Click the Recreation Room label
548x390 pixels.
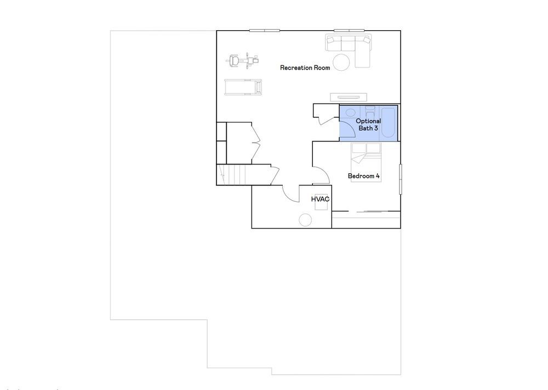(x=305, y=67)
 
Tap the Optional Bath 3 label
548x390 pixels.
(x=368, y=125)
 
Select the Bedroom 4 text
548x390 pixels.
(x=363, y=176)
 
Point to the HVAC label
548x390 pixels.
(x=320, y=199)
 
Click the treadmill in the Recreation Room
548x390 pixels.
(x=243, y=87)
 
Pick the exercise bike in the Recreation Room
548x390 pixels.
(x=244, y=60)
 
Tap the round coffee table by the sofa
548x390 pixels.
(x=341, y=63)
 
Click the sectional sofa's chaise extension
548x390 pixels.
(x=362, y=55)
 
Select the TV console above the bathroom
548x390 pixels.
(x=349, y=97)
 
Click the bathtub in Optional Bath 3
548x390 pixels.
(x=388, y=122)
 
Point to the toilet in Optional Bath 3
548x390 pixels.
(x=369, y=112)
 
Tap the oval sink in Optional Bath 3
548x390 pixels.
(x=350, y=112)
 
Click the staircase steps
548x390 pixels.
(x=231, y=174)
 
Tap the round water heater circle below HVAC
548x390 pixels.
(x=305, y=220)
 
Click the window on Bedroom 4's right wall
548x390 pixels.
(x=401, y=179)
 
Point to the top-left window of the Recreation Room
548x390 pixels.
(x=264, y=30)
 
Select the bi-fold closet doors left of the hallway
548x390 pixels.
(x=256, y=143)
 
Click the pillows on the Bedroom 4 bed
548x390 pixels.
(x=366, y=148)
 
